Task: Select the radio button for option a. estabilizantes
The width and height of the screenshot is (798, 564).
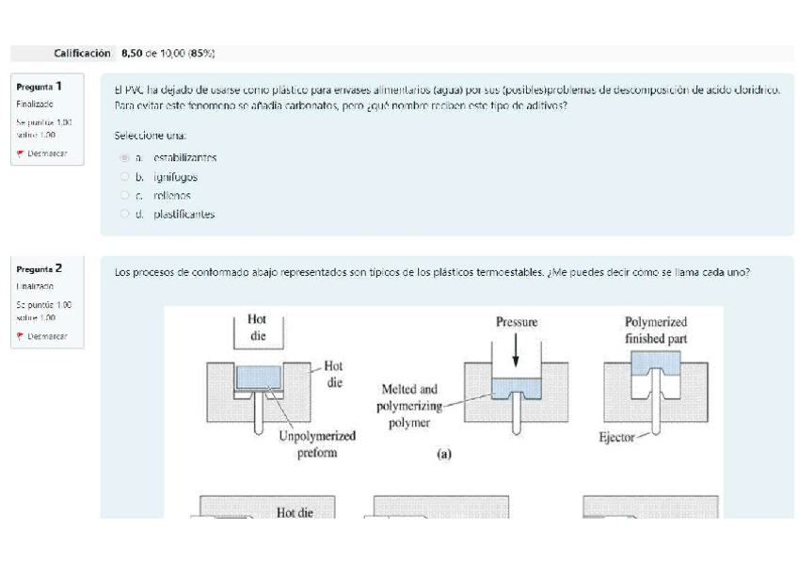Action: (125, 158)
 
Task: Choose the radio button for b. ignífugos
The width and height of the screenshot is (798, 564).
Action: (125, 177)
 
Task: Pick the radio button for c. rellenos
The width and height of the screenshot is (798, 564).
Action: (125, 196)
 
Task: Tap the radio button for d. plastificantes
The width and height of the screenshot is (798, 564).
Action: (125, 215)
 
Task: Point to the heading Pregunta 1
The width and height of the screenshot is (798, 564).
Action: (39, 86)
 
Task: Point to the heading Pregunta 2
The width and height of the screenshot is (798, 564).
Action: (39, 268)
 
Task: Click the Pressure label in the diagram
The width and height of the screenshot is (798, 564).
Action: (517, 322)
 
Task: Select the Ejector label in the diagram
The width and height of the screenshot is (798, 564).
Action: (616, 437)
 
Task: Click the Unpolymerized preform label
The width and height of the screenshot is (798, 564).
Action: (316, 443)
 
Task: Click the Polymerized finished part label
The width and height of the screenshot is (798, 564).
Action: (655, 330)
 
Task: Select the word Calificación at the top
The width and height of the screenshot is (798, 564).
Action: (82, 54)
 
